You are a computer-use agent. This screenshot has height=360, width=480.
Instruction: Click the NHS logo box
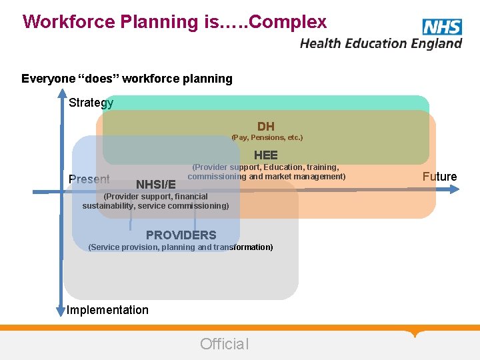(x=441, y=27)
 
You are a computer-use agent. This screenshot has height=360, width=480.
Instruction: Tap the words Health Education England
(x=381, y=43)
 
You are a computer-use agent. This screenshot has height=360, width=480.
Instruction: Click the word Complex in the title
(x=286, y=22)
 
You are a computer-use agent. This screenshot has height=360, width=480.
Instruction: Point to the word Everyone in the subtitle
(x=48, y=79)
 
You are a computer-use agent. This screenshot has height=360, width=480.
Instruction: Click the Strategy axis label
(x=91, y=103)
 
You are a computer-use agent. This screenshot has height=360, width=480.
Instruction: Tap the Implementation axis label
(x=107, y=310)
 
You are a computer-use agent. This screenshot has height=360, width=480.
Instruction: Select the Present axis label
(x=89, y=179)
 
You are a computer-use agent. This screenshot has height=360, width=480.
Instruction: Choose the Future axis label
(x=439, y=177)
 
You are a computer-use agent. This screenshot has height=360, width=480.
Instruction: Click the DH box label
(x=266, y=127)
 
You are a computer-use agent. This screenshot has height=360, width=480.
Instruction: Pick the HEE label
(x=266, y=155)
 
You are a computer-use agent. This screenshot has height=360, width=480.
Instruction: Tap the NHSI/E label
(x=156, y=184)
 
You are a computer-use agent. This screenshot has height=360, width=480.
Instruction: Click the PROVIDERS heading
(x=181, y=235)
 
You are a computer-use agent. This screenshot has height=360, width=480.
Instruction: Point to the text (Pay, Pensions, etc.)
(x=267, y=137)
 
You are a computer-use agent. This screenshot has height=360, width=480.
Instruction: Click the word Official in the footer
(x=224, y=344)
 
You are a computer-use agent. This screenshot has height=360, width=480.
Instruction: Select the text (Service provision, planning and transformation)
(x=181, y=247)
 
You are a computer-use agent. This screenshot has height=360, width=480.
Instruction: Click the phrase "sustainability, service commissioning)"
(x=155, y=206)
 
